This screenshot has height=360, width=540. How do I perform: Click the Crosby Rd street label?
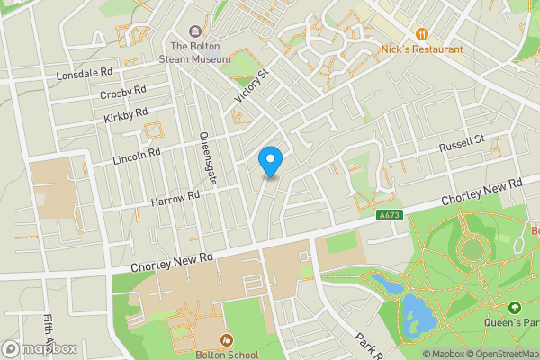[123, 93]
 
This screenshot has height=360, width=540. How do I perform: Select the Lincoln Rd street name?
[136, 156]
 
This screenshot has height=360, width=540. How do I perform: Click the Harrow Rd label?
[175, 198]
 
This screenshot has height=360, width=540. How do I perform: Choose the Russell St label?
[462, 144]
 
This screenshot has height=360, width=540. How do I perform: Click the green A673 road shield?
[389, 214]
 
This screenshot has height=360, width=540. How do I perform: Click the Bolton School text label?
[225, 355]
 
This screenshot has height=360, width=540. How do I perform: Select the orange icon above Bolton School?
[225, 339]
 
